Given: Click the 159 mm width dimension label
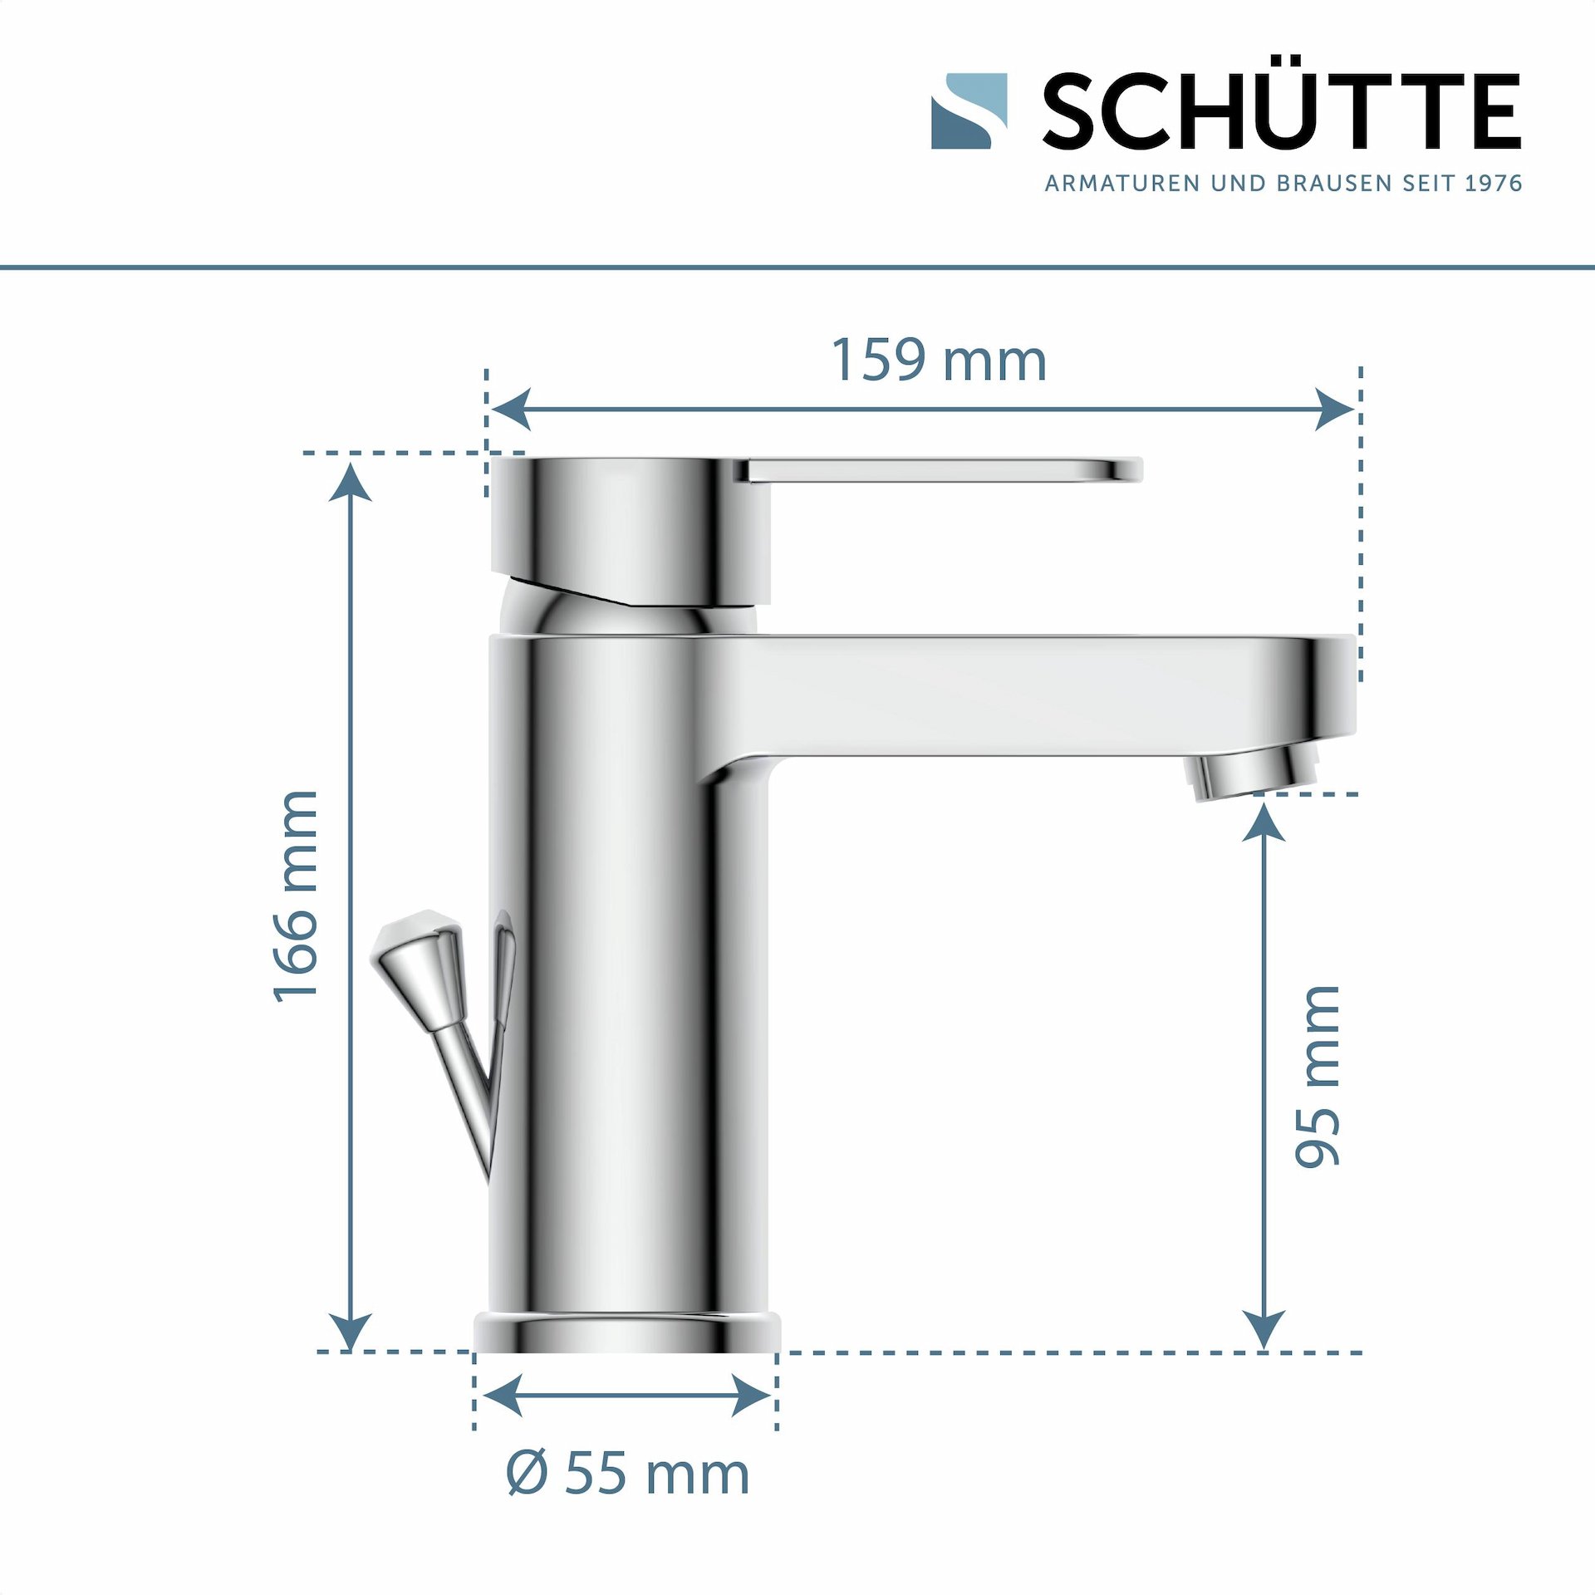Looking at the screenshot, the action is (x=939, y=360).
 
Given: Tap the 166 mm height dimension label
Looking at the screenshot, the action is (x=297, y=896).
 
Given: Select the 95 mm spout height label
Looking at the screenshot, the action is (x=1318, y=1076).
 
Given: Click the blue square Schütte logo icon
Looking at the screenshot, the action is (x=969, y=111).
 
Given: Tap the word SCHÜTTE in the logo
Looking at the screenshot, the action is (x=1282, y=111).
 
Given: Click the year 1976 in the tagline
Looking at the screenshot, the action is (x=1492, y=183).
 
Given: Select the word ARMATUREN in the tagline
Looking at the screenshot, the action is (x=1122, y=183).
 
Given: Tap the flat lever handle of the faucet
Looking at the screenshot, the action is (x=943, y=469).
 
